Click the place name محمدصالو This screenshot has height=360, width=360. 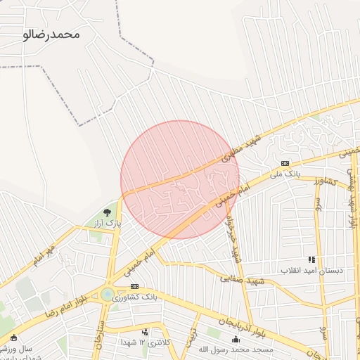tap(52, 34)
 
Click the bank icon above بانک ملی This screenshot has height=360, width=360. tap(285, 163)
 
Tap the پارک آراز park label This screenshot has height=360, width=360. tap(108, 222)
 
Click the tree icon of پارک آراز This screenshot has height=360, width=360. tap(108, 211)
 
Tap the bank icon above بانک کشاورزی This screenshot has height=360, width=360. tap(134, 287)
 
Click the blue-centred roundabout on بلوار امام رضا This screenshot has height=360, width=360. tap(108, 295)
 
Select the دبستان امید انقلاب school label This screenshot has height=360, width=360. tap(311, 270)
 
